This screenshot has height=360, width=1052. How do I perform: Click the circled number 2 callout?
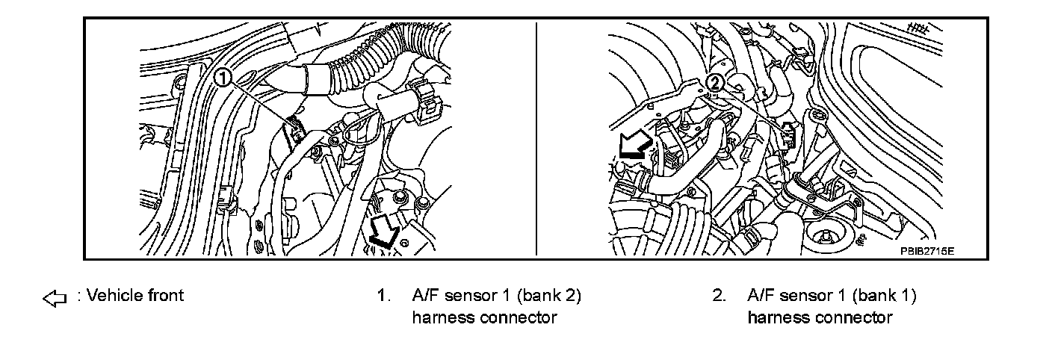[x=715, y=81]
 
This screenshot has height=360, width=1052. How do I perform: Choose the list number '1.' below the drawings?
[x=384, y=296]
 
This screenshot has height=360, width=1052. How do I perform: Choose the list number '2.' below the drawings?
[x=719, y=296]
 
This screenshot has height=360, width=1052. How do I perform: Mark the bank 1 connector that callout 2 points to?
[x=789, y=134]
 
